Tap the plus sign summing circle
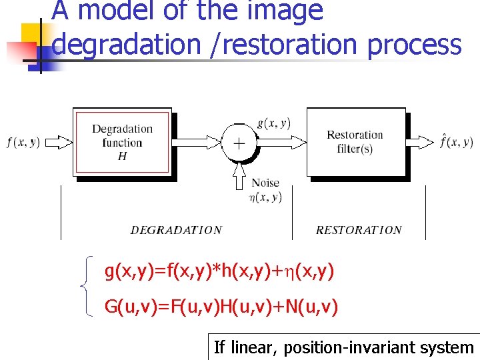click(x=238, y=143)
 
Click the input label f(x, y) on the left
click(x=23, y=142)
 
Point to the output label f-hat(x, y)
click(x=457, y=142)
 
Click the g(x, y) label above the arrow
click(x=273, y=123)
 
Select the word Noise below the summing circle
click(x=265, y=183)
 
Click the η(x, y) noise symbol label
click(x=265, y=197)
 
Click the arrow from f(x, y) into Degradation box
click(x=59, y=142)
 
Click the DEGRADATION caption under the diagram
click(x=176, y=230)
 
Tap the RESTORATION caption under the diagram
click(x=359, y=230)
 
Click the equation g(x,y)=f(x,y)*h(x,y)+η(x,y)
click(x=219, y=271)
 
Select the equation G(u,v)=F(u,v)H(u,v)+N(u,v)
click(x=221, y=307)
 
